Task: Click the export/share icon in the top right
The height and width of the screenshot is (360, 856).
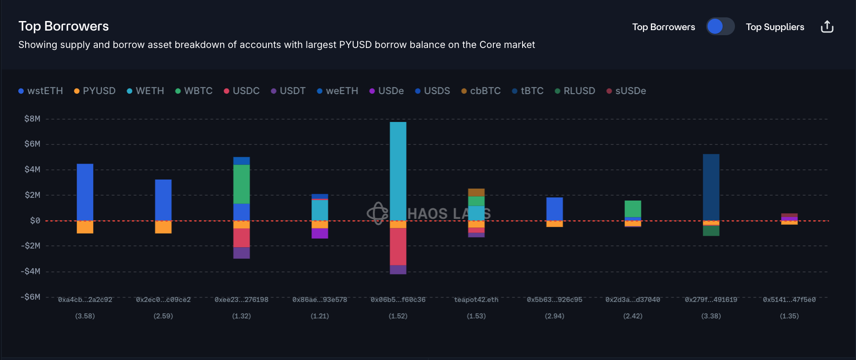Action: click(x=827, y=27)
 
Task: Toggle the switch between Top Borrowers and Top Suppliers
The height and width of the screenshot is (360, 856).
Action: click(x=720, y=26)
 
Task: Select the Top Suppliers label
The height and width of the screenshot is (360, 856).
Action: click(x=775, y=27)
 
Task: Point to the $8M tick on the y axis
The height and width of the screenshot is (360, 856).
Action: click(x=32, y=119)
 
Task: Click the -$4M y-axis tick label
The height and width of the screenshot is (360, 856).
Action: click(x=31, y=271)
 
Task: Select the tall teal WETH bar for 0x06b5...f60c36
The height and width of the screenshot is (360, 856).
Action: click(x=398, y=171)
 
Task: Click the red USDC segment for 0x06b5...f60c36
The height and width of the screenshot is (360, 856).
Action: click(x=398, y=246)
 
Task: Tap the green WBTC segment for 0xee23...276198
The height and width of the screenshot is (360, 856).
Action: click(x=242, y=184)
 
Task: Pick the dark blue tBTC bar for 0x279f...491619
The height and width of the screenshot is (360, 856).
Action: click(x=711, y=187)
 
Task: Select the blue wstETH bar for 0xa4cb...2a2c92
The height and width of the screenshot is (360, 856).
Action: click(x=85, y=192)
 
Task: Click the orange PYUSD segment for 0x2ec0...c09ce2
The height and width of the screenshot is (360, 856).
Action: click(x=163, y=227)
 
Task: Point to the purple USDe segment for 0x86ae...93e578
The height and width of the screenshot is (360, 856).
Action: click(x=320, y=233)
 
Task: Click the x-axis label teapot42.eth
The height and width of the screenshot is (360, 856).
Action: click(x=476, y=300)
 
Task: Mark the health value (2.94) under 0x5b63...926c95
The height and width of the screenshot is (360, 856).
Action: click(x=555, y=316)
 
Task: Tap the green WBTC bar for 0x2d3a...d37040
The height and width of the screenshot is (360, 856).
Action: click(x=633, y=209)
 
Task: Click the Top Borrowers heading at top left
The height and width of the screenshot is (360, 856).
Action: click(x=63, y=26)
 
